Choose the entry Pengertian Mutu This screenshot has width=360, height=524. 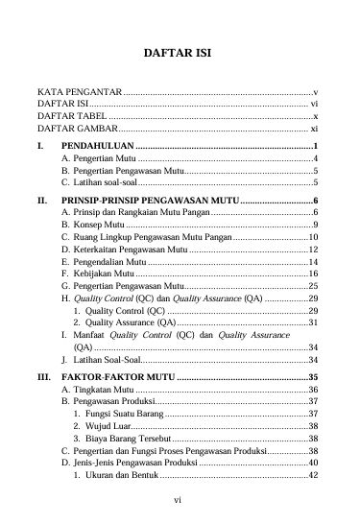(x=97, y=157)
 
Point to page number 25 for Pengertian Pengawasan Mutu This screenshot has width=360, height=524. (x=312, y=286)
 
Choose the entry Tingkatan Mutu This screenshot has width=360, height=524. (x=97, y=391)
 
